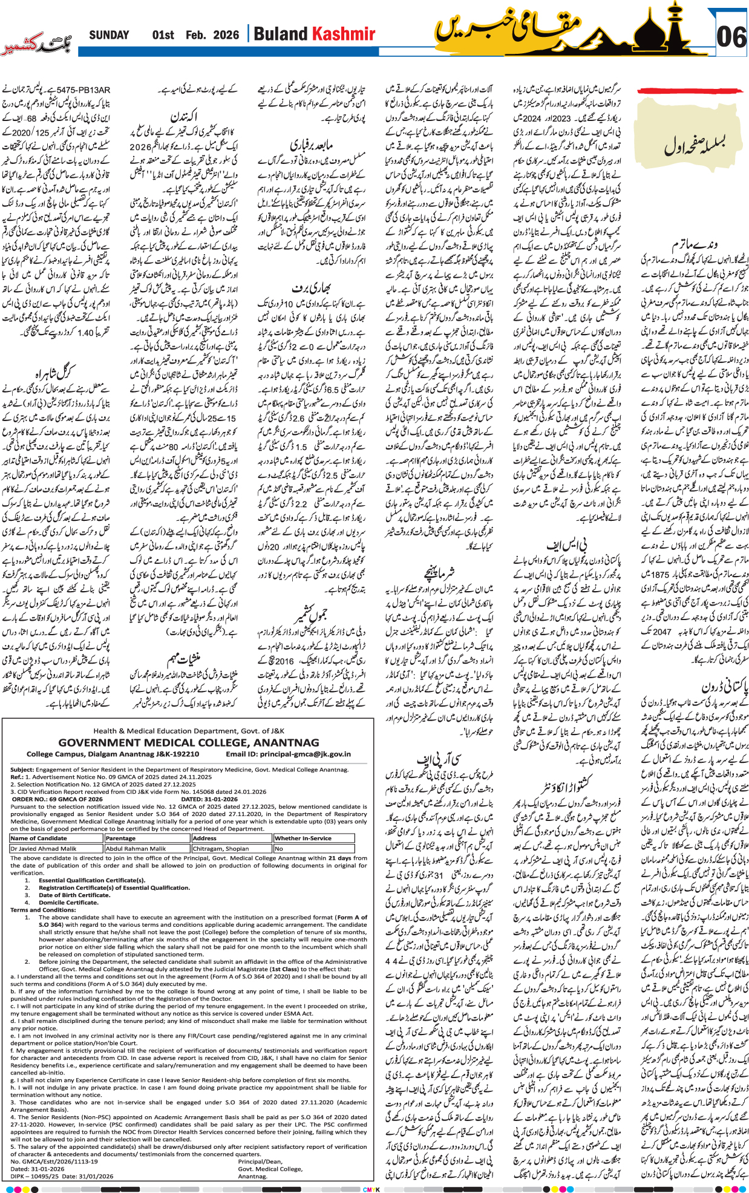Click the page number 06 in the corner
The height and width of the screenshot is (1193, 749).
731,38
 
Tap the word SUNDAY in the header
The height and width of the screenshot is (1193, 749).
109,35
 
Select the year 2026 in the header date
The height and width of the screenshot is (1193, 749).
226,35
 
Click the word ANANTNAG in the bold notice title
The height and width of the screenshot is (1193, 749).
286,743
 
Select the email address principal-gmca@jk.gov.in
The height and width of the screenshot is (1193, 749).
306,754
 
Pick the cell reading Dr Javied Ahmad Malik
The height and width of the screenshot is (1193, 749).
44,849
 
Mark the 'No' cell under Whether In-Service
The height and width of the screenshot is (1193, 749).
279,849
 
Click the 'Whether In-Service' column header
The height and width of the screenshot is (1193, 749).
303,838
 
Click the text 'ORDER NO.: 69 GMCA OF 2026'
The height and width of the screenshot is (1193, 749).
57,799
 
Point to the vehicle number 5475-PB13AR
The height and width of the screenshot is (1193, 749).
87,90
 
